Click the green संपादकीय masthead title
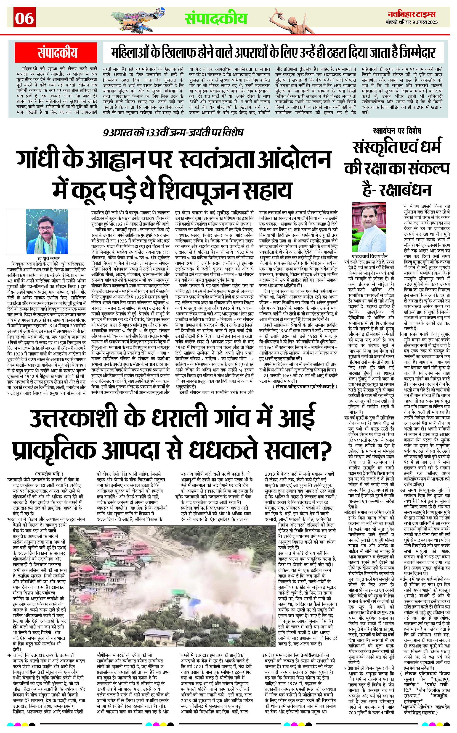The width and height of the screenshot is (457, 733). point(216,19)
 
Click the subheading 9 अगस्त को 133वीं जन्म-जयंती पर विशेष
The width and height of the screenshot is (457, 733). point(173,133)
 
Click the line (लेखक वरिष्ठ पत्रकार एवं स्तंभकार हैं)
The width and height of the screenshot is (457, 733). point(304,386)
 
